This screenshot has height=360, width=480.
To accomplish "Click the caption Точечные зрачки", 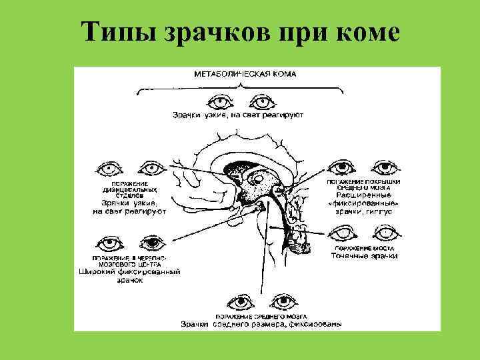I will [x=365, y=256].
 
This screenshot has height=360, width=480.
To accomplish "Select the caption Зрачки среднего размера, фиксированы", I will [x=262, y=325].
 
